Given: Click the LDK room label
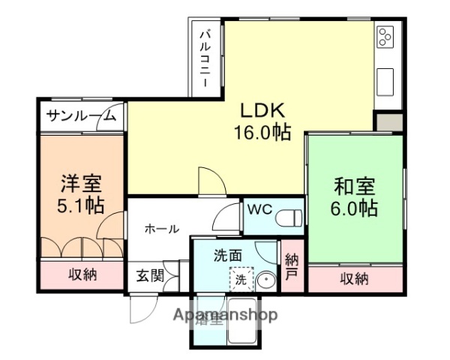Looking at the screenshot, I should pos(262,110).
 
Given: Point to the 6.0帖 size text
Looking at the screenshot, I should pos(354,208).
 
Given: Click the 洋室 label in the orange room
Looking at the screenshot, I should pos(81,182).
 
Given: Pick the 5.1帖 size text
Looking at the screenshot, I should pos(81,205).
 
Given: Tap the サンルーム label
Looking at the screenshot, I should pos(80,115).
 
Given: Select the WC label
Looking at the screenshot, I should pos(258,210).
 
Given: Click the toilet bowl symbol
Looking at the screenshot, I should pos(289,218).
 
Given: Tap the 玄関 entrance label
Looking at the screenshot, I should pos(150,275).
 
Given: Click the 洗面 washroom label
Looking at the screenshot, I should pos(227,255).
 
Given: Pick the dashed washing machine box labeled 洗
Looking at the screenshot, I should pos(240,279).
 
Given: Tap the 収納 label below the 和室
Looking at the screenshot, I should pos(354,279).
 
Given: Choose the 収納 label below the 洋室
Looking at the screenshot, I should pos(83,274).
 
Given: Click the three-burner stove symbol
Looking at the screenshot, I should pos(385,37).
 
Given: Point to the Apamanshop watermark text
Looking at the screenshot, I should pos(225,314).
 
